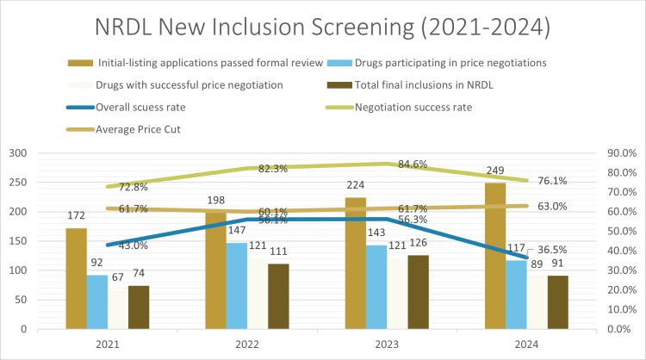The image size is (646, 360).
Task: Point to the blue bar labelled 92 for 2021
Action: click(97, 301)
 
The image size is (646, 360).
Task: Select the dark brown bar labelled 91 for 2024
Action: click(557, 302)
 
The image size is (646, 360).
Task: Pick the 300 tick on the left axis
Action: click(17, 153)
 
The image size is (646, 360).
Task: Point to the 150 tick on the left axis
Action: click(17, 241)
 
